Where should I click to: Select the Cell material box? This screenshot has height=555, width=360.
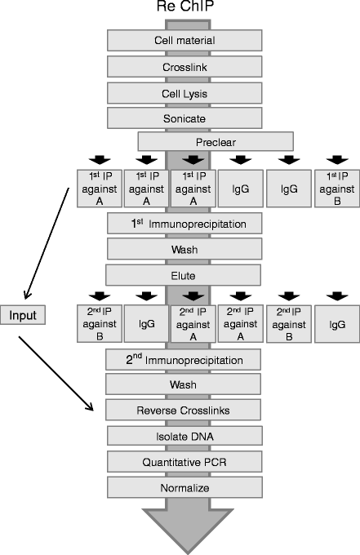[184, 40]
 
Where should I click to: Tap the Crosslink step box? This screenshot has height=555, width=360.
[184, 66]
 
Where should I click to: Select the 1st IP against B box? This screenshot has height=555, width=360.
[336, 187]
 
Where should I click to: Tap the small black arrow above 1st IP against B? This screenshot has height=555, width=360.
[336, 159]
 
